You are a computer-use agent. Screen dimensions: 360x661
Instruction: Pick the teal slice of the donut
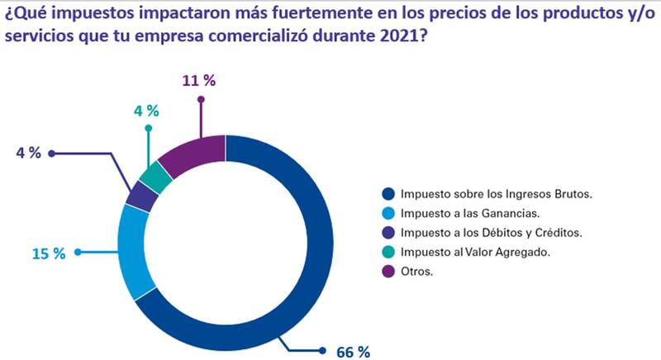click(x=155, y=176)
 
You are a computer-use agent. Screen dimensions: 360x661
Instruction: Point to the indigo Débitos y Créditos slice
click(x=141, y=197)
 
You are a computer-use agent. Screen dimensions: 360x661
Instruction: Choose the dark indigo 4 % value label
click(x=27, y=154)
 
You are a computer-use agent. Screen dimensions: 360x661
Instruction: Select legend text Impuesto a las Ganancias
click(x=468, y=214)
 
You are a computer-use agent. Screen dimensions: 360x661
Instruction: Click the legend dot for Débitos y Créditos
click(x=387, y=234)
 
